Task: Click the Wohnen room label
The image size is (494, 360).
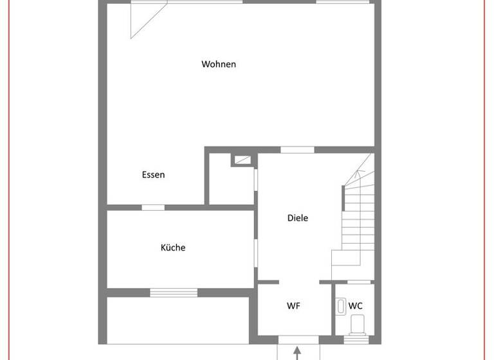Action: click(x=219, y=64)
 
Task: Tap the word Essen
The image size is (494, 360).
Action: click(x=153, y=175)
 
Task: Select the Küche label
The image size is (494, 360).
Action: click(x=173, y=248)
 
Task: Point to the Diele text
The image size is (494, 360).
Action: click(x=297, y=218)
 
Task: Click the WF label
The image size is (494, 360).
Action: click(x=293, y=306)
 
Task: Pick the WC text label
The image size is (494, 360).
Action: click(x=356, y=306)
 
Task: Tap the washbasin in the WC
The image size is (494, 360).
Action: click(x=341, y=306)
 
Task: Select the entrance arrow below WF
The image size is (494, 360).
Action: click(x=297, y=353)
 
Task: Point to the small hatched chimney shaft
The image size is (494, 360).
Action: click(x=242, y=161)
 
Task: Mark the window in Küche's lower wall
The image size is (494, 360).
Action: click(x=174, y=292)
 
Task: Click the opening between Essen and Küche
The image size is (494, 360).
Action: click(x=153, y=207)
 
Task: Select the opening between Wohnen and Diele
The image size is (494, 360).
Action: click(x=297, y=150)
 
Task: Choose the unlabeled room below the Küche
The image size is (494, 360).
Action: click(x=178, y=319)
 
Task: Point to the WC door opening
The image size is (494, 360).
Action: click(x=359, y=282)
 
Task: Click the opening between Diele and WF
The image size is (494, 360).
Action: click(x=299, y=282)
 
